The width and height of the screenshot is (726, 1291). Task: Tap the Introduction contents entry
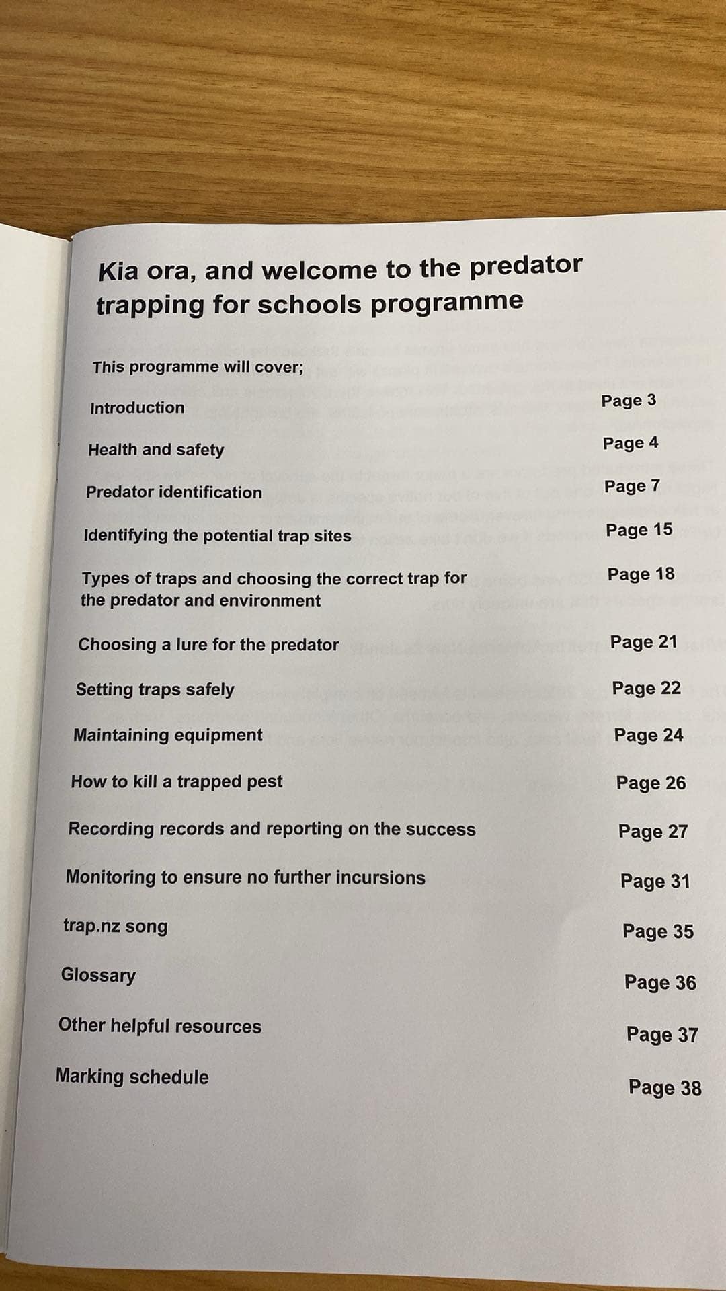[137, 407]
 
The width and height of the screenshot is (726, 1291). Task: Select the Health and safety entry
[156, 450]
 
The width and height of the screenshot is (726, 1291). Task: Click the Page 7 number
[632, 486]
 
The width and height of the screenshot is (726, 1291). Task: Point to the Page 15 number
[639, 530]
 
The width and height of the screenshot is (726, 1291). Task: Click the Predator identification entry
[174, 492]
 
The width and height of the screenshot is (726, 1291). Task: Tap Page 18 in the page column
[641, 574]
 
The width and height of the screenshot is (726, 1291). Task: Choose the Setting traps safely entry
[155, 689]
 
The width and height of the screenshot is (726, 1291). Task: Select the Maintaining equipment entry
[168, 735]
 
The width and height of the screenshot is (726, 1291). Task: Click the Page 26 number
[651, 783]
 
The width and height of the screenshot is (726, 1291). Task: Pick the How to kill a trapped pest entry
[177, 781]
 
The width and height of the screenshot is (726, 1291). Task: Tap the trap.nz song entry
[116, 926]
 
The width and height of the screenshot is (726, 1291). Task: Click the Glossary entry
[98, 975]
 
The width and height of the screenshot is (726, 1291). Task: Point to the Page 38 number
[665, 1087]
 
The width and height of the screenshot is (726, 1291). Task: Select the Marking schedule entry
[132, 1077]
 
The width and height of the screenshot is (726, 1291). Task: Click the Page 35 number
[658, 931]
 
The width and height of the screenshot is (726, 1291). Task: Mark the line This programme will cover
[198, 367]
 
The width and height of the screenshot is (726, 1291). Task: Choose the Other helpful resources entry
[160, 1026]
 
